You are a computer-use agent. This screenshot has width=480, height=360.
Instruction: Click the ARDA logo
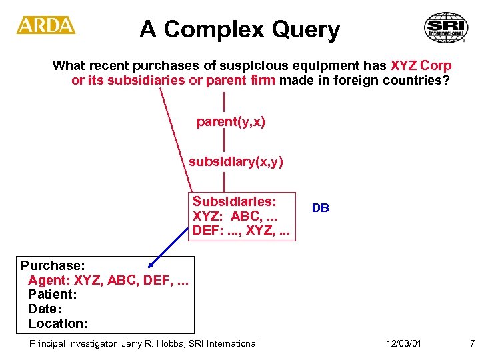click(46, 25)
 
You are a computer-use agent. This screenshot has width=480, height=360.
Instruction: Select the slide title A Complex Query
click(239, 29)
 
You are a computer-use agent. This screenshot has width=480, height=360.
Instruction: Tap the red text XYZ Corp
click(421, 66)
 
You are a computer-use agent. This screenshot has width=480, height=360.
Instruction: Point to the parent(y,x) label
click(231, 122)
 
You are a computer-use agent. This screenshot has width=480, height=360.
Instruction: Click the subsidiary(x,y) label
click(235, 162)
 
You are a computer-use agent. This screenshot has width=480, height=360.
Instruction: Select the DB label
click(320, 208)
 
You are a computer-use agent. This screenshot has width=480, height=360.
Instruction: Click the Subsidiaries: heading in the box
click(234, 201)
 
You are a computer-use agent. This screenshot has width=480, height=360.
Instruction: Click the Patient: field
click(51, 295)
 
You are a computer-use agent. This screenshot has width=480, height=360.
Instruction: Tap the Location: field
click(57, 324)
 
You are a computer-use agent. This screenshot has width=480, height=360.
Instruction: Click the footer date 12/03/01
click(403, 344)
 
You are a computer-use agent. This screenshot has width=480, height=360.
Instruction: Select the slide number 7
click(472, 344)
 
